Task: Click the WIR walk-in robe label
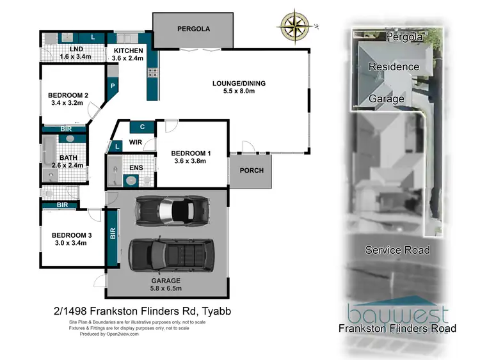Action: [x=135, y=142]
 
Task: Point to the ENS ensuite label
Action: [x=136, y=168]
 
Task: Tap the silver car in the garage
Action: [x=171, y=209]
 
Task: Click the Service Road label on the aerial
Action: [x=397, y=250]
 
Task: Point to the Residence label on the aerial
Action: [x=394, y=67]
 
